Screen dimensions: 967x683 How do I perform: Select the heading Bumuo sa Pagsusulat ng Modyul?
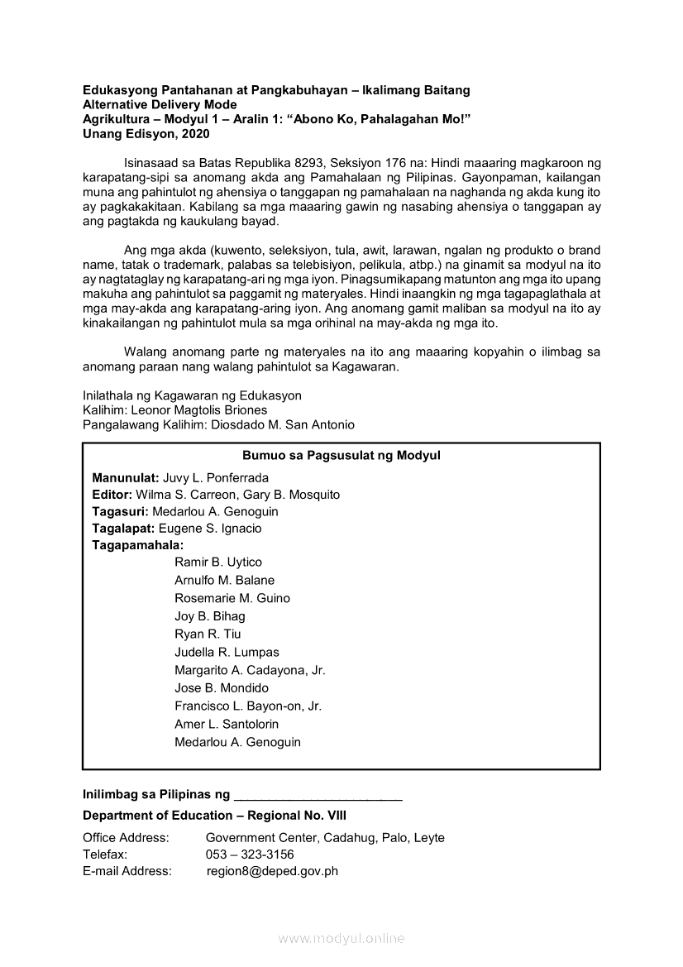point(341,456)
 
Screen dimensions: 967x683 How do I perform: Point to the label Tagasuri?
point(121,511)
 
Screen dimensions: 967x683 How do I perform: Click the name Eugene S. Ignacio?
point(210,528)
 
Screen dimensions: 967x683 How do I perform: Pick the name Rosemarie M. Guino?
point(232,598)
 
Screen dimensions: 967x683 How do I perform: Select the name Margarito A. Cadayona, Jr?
point(250,670)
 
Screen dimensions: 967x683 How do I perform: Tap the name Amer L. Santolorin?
point(227,724)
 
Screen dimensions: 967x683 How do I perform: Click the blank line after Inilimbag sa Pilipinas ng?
point(318,795)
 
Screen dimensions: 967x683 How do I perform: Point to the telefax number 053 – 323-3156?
point(250,855)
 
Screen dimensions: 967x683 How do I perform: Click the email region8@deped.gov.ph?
point(272,871)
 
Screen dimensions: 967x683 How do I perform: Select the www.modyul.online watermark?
point(341,939)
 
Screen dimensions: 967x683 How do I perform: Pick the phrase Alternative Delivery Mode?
point(160,104)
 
